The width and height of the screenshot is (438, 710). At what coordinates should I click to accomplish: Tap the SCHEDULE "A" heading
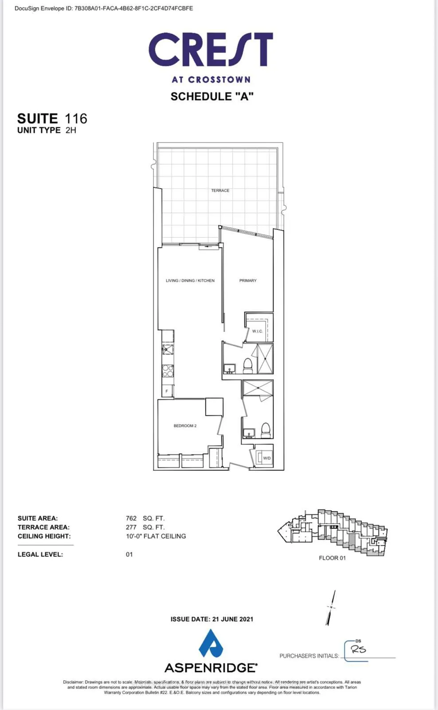(x=212, y=97)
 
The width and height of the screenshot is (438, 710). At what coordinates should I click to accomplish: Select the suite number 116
(x=76, y=118)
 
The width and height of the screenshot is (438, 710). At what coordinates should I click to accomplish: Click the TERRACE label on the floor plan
(x=220, y=190)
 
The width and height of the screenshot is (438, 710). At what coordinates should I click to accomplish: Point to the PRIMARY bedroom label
(x=248, y=280)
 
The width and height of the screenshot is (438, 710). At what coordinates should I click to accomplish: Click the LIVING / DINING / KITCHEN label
(x=190, y=280)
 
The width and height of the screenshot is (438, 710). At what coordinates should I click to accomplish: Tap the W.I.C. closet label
(x=257, y=331)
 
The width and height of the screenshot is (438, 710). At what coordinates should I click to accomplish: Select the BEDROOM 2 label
(x=185, y=426)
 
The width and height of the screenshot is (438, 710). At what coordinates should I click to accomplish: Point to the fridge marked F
(x=167, y=391)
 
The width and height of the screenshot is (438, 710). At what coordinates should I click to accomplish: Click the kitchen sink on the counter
(x=168, y=349)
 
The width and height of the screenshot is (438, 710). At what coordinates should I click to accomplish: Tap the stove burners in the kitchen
(x=168, y=371)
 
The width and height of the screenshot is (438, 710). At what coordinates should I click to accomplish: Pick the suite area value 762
(x=131, y=518)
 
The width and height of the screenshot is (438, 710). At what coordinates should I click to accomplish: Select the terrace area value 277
(x=131, y=527)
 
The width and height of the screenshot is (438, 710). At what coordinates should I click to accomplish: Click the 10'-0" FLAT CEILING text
(x=156, y=536)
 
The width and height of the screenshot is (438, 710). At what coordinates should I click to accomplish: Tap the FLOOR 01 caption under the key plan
(x=332, y=558)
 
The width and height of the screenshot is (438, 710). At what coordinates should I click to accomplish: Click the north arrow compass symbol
(x=331, y=607)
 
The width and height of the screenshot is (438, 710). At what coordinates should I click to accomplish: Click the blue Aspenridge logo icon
(x=211, y=643)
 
